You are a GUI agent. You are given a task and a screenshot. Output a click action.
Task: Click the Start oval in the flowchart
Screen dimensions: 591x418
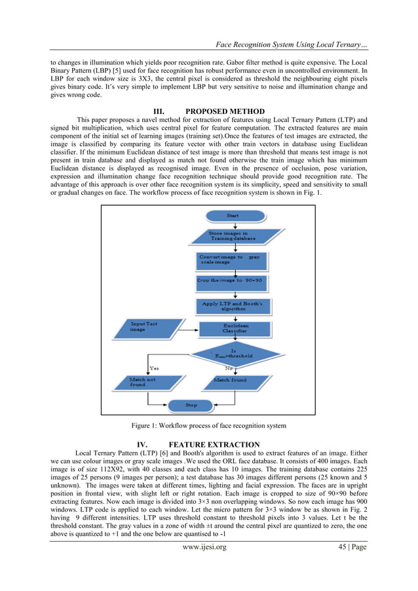click(x=233, y=216)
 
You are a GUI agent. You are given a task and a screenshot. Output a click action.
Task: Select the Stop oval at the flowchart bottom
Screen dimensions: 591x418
click(x=191, y=406)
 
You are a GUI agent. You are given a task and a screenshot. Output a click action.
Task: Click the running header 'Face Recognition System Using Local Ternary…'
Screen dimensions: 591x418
click(x=291, y=44)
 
